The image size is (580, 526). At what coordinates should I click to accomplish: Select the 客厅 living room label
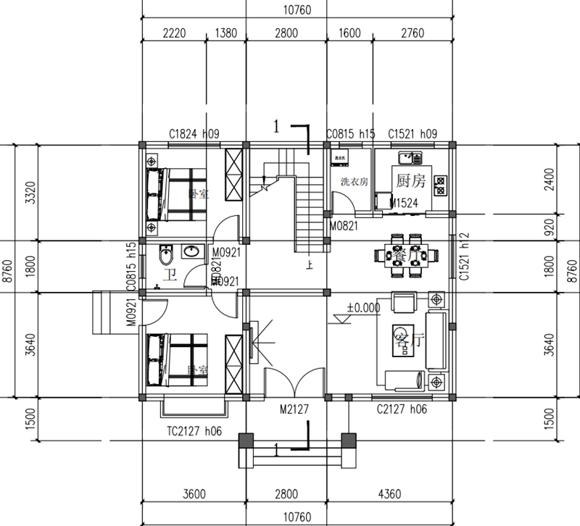coord(407,341)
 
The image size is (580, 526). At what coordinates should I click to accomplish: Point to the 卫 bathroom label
coord(170,275)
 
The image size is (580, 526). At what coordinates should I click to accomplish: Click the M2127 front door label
coord(295,409)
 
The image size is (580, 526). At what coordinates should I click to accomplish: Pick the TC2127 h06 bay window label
coord(189,430)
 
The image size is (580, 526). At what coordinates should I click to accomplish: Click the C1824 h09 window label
coord(194,134)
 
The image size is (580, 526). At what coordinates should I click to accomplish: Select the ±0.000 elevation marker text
coord(363,307)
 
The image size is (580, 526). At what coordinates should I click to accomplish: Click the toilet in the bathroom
coord(166,254)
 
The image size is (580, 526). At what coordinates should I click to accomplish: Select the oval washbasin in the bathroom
coord(193,252)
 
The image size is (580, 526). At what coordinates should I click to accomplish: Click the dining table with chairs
coord(405,255)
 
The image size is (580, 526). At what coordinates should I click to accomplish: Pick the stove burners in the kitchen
coord(439,184)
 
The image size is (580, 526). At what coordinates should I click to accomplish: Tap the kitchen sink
coord(410,156)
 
